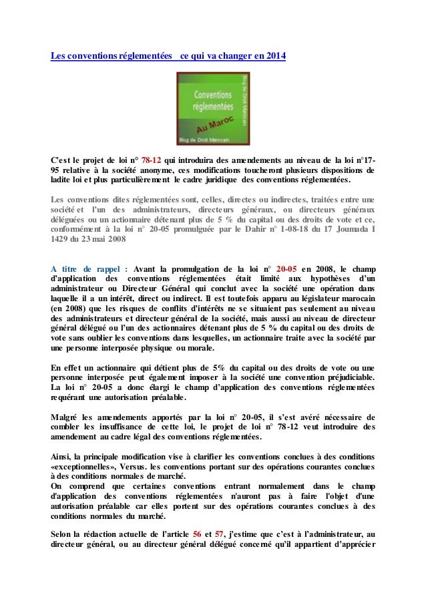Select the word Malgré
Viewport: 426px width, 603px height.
[x=65, y=417]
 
